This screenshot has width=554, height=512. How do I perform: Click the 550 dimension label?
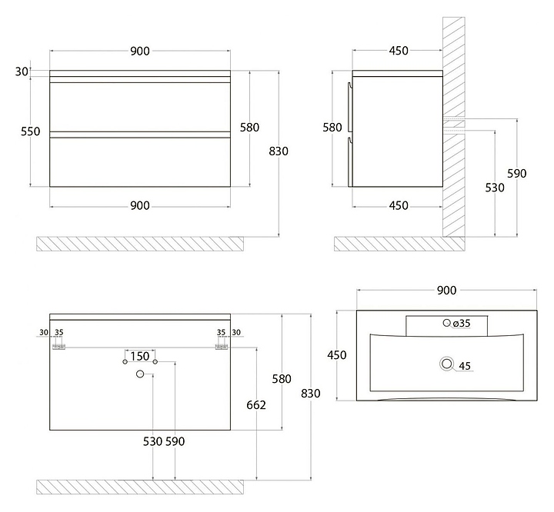point(30,131)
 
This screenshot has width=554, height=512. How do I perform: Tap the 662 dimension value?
point(256,404)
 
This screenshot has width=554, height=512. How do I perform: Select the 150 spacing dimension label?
point(140,356)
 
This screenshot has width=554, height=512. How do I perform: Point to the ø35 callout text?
point(462,323)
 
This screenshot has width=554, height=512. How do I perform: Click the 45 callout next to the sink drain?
point(465,366)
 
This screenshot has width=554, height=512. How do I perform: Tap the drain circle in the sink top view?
point(447,364)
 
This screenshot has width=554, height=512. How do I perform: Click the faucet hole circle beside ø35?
point(446,322)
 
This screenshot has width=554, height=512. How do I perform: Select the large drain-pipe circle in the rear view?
point(140,374)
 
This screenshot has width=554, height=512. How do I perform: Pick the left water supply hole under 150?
point(125,362)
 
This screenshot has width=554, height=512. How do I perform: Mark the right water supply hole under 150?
point(155,362)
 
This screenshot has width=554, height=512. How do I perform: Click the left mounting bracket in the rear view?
point(59,347)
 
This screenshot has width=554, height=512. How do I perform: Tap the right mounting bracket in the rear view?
point(222,347)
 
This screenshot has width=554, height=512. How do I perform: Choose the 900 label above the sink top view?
point(446,291)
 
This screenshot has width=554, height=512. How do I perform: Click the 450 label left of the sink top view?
point(337,355)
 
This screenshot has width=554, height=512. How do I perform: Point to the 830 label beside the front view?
point(279,151)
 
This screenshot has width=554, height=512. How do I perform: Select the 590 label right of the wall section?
point(517,174)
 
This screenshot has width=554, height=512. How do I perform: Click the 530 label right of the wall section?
point(495,188)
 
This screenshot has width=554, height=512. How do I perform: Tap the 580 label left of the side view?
point(332,127)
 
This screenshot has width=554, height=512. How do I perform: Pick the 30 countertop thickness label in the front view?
point(22,71)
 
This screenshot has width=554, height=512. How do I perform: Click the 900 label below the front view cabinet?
point(140,205)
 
